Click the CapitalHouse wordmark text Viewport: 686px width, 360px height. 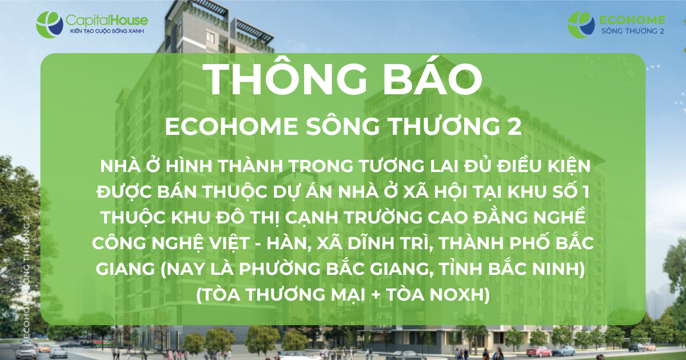coord(107,21)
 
